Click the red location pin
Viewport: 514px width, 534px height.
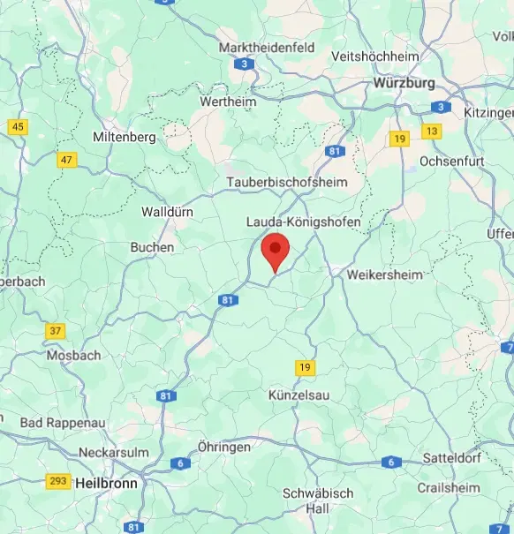coord(276,252)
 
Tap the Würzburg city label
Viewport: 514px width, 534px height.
coord(404,82)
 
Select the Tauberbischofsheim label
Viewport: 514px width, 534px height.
coord(287,182)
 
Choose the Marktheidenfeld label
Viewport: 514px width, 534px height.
coord(267,47)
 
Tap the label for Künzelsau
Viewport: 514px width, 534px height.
coord(299,395)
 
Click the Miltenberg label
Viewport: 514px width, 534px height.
coord(125,137)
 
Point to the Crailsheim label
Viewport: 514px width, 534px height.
coord(450,487)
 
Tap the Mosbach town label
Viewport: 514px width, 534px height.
coord(73,355)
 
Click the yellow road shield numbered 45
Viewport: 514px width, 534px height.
coord(18,127)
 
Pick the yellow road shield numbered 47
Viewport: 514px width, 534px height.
coord(66,160)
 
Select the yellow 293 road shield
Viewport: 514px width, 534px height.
coord(58,481)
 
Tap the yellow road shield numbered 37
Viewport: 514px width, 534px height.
coord(55,331)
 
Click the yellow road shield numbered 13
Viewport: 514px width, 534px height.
coord(431,132)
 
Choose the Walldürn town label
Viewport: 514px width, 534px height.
coord(166,212)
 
